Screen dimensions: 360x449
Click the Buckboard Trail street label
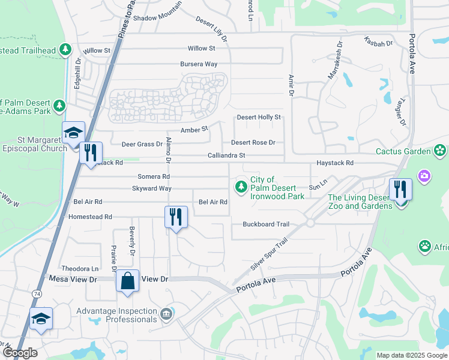tap(266, 224)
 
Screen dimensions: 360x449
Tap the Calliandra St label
tap(226, 155)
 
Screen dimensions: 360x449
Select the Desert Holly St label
tap(259, 118)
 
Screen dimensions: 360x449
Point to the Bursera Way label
tap(199, 64)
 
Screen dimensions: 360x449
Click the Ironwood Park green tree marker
tap(241, 187)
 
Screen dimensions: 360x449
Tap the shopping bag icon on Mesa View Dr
tap(128, 281)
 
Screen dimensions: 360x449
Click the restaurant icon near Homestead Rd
tap(176, 216)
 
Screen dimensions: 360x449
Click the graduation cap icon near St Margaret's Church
tap(73, 132)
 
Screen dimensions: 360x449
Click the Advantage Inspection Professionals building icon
tap(166, 313)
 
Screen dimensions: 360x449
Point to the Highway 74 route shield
tap(37, 293)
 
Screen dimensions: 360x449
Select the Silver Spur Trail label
tap(270, 255)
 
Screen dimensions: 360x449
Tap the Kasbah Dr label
tap(378, 42)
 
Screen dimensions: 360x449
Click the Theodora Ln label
tap(80, 268)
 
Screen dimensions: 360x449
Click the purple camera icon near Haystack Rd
tap(424, 175)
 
